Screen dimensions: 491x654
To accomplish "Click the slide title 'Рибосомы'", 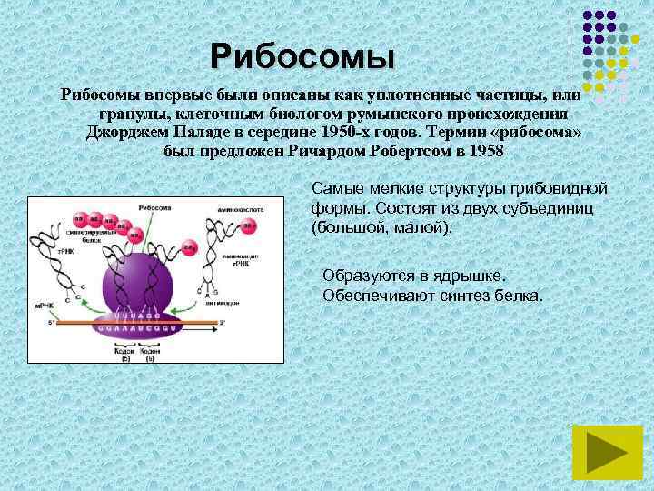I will [302, 57].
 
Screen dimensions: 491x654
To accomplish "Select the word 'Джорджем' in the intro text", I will [124, 133].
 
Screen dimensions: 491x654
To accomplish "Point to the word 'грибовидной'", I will [564, 189].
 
